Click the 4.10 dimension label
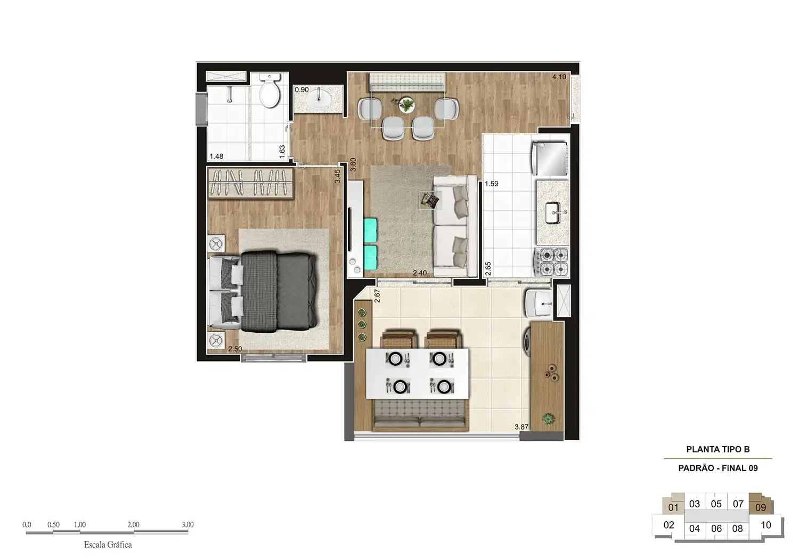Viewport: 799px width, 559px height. tap(559, 77)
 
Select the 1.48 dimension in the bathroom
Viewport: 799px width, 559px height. tap(216, 157)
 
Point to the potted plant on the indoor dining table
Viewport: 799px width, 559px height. tap(407, 104)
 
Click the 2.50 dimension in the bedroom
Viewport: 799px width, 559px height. tap(235, 349)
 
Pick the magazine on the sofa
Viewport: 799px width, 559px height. tap(430, 200)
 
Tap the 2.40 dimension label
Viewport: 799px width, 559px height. tap(420, 273)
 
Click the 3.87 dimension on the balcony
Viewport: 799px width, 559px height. tap(521, 427)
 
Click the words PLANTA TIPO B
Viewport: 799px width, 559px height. tap(718, 449)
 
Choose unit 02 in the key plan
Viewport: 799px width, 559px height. tap(668, 525)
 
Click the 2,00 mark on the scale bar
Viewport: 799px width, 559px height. tap(133, 525)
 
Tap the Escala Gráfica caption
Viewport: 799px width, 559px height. tap(108, 545)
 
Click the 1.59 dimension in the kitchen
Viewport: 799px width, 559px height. tap(491, 184)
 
